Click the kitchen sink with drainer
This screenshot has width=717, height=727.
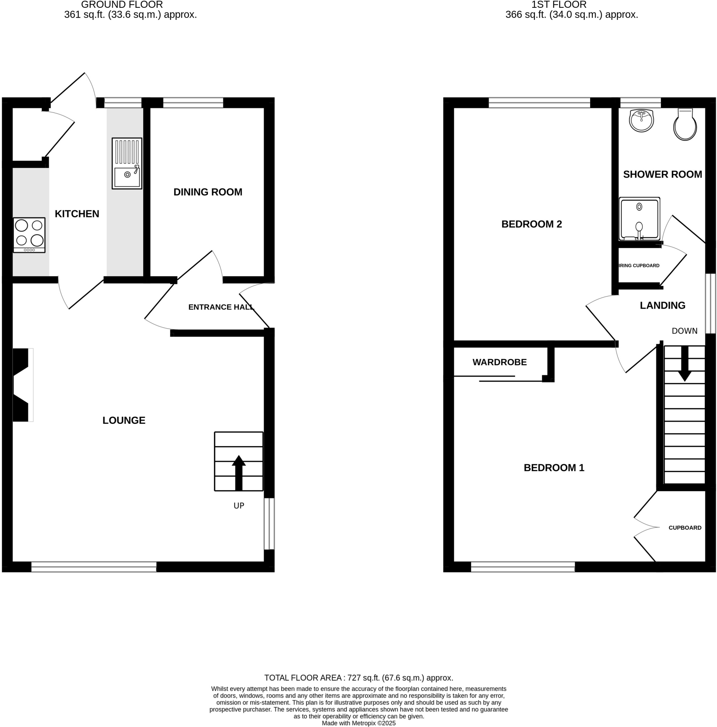[x=127, y=163]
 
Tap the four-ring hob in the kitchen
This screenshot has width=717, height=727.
[x=30, y=235]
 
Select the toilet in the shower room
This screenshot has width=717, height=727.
[x=685, y=125]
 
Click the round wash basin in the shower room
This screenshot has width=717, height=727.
[x=641, y=120]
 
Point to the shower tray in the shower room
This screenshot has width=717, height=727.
[x=639, y=219]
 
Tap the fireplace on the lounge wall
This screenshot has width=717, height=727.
[x=22, y=385]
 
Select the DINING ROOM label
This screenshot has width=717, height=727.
[x=208, y=192]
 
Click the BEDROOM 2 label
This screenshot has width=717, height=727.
[x=531, y=224]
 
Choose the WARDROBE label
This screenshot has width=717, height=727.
[x=499, y=362]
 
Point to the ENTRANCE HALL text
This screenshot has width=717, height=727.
[x=221, y=307]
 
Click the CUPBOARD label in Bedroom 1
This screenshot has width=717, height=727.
[x=685, y=528]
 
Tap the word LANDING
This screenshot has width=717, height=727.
[x=662, y=305]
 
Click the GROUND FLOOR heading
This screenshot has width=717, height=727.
[x=122, y=5]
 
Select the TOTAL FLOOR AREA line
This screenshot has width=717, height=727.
[x=358, y=678]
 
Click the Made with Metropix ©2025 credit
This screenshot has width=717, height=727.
[x=358, y=723]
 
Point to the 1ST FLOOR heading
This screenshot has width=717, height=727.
[x=558, y=5]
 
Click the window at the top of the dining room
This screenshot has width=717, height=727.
[x=193, y=103]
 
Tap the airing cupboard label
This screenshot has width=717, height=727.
[x=639, y=266]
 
